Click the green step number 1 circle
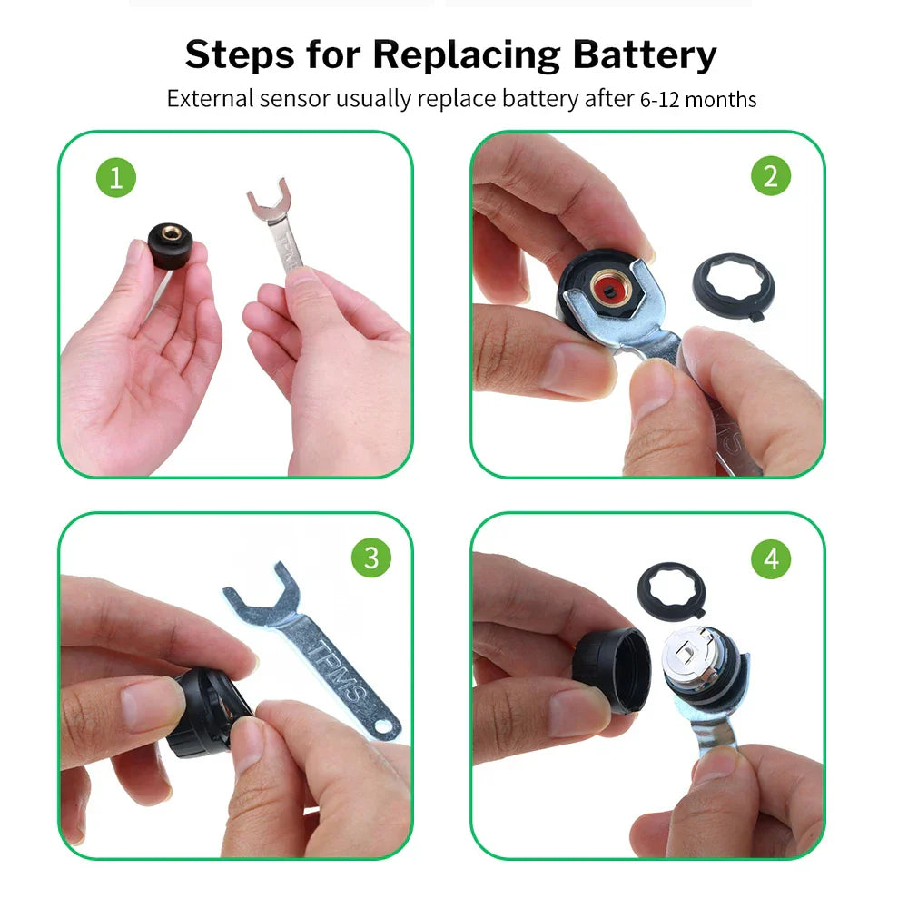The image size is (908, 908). (115, 177)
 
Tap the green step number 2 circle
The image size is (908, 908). (770, 176)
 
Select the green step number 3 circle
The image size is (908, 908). (370, 557)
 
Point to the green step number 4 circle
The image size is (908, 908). (770, 558)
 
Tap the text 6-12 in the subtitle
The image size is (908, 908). (660, 100)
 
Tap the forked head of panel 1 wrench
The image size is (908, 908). (269, 202)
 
